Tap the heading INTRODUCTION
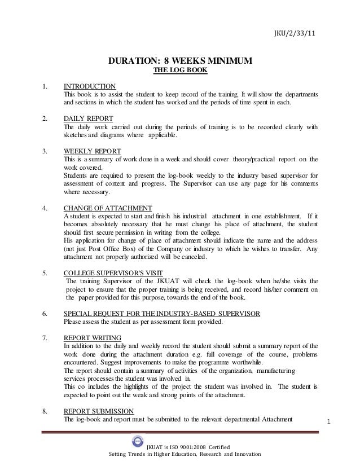click(x=90, y=85)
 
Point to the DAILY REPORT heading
click(x=88, y=118)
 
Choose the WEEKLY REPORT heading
click(x=91, y=151)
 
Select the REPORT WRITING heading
click(x=92, y=338)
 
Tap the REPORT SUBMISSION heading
click(x=99, y=411)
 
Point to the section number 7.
click(x=44, y=338)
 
